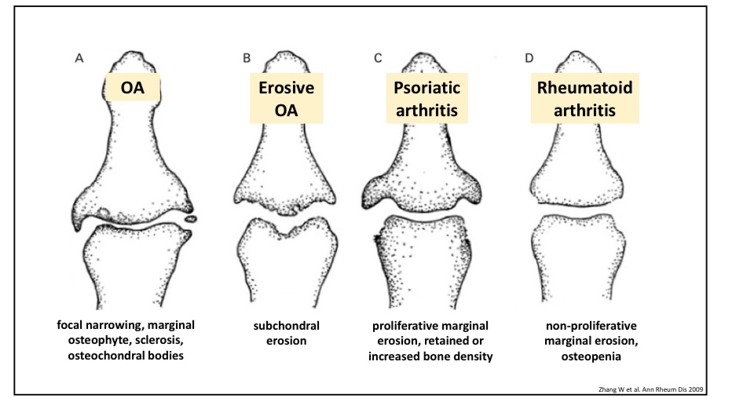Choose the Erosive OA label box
coord(287,99)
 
